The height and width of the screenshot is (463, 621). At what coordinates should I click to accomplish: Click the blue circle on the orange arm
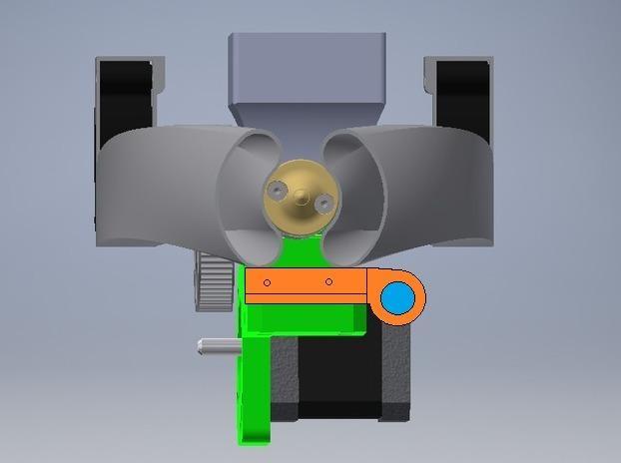point(397,297)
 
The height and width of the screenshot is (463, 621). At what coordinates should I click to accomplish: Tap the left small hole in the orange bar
point(267,282)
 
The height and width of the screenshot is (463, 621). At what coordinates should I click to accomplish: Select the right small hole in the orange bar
point(328,281)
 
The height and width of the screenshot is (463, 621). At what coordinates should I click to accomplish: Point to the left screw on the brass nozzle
point(277,185)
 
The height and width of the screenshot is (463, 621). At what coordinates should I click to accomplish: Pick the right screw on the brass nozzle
point(322,203)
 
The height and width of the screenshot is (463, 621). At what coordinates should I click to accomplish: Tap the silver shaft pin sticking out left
point(217,346)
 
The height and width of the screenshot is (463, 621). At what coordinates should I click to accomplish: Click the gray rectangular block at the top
point(308,65)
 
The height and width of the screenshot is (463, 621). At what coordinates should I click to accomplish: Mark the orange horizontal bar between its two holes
point(298,284)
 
